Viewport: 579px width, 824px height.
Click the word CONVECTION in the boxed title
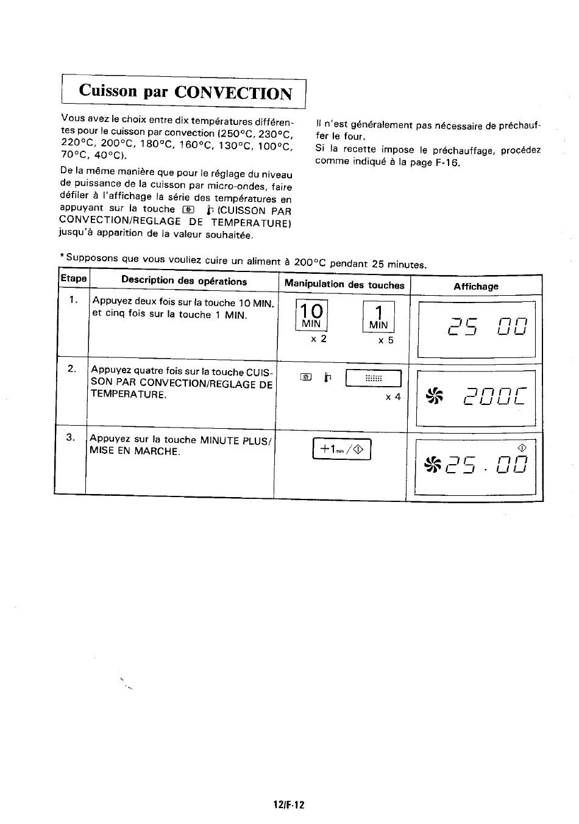coord(233,93)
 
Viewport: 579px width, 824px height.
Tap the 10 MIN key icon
coord(311,315)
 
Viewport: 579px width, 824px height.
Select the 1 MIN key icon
coord(378,317)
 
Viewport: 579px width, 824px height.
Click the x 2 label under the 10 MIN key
coord(318,339)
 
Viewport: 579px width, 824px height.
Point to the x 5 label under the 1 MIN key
coord(386,340)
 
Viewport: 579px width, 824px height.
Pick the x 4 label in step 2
coord(393,397)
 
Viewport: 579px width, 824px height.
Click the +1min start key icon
coord(341,449)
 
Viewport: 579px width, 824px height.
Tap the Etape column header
coord(74,278)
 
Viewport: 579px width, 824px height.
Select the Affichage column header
coord(476,286)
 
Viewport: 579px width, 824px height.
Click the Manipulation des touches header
coord(344,284)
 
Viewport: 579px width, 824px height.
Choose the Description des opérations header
coord(184,281)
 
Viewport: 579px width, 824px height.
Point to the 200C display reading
coord(495,396)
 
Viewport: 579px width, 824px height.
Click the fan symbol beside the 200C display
coord(434,396)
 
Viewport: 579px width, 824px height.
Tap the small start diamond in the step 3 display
coord(522,448)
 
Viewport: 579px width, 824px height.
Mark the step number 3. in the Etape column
coord(71,437)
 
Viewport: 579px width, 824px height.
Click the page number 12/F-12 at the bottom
coord(289,804)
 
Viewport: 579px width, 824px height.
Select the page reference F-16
coord(447,162)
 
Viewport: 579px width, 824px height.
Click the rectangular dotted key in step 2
coord(373,378)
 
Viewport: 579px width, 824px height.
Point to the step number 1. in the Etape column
coord(73,300)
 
